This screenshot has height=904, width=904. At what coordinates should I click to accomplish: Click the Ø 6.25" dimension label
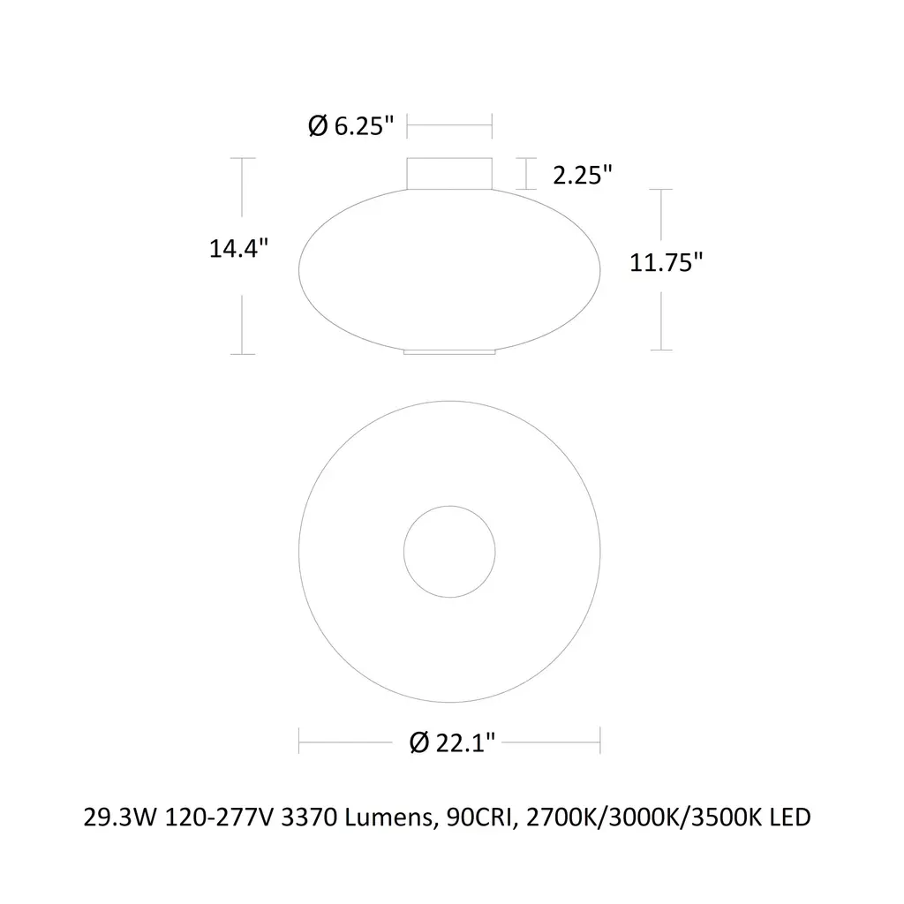[351, 125]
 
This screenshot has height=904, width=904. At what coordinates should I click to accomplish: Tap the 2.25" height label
[583, 175]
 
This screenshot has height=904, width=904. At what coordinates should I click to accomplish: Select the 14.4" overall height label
[238, 248]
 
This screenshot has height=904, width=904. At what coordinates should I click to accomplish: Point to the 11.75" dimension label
[666, 262]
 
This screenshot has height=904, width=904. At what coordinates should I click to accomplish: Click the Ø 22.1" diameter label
[453, 742]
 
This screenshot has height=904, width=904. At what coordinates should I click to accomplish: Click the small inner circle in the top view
[449, 506]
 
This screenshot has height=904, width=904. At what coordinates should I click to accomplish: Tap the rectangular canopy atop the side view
[449, 173]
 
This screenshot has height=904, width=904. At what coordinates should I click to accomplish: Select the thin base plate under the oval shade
[449, 351]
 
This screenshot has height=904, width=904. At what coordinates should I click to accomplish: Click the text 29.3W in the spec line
[120, 817]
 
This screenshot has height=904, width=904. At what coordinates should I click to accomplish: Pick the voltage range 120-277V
[219, 817]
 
